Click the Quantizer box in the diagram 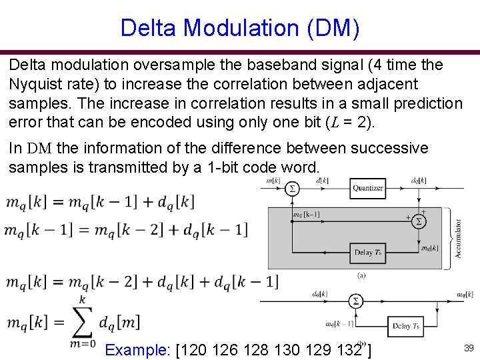point(368,188)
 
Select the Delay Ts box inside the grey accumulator point(368,252)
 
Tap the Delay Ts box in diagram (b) point(406,326)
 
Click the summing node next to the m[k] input point(291,189)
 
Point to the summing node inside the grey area point(418,220)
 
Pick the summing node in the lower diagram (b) point(356,301)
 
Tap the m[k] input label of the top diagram point(273,181)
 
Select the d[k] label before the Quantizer point(323,180)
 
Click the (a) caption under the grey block point(361,275)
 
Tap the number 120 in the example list point(195,350)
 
